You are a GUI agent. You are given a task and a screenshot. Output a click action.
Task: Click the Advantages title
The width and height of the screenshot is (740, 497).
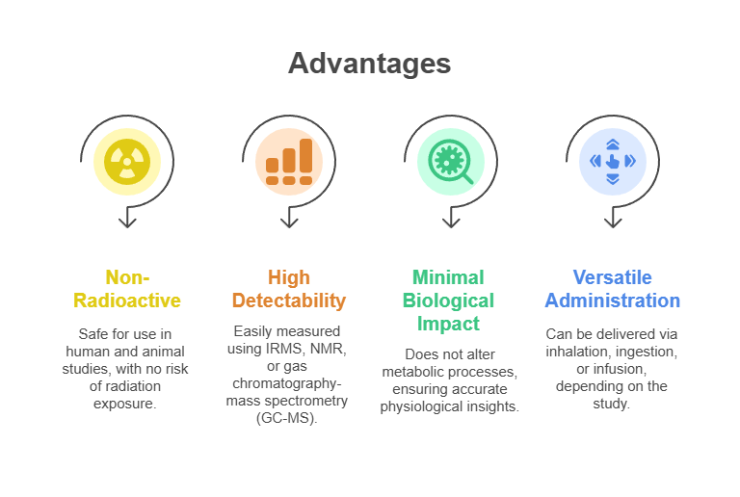tap(370, 64)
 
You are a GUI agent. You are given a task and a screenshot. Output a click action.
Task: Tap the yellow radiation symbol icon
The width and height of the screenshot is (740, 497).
tap(127, 162)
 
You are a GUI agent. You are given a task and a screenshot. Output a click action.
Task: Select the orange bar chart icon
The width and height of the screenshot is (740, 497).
tap(289, 162)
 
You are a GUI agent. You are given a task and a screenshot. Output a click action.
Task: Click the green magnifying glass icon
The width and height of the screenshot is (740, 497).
tap(451, 162)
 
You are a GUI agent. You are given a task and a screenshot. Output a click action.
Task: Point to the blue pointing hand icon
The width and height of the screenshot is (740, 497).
tap(613, 162)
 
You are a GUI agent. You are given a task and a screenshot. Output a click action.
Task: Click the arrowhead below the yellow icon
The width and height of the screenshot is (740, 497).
tap(127, 223)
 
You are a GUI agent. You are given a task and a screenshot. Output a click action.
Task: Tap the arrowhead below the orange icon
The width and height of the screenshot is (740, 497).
tap(289, 223)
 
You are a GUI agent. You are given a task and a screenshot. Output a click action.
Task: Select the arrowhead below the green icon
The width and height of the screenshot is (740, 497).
tap(451, 223)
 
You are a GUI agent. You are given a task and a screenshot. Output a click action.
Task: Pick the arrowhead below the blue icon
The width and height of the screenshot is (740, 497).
tap(613, 223)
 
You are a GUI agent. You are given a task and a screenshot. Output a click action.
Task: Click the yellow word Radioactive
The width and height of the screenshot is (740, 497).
tap(127, 301)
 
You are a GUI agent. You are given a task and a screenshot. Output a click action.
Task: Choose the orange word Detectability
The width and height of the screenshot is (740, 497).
tap(289, 301)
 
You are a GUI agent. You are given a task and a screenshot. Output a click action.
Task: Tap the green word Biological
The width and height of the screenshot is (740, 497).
tap(448, 301)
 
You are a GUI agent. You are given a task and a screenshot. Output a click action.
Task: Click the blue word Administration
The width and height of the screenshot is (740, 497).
tap(613, 301)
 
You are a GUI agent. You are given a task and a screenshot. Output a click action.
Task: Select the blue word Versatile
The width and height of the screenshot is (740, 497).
tap(613, 277)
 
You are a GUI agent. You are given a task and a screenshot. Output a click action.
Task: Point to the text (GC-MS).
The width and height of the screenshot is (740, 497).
tap(287, 418)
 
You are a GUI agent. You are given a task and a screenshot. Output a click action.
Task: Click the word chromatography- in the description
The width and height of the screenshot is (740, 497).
tap(287, 384)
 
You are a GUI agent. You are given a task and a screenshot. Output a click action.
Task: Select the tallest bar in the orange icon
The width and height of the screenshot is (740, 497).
tap(305, 156)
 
